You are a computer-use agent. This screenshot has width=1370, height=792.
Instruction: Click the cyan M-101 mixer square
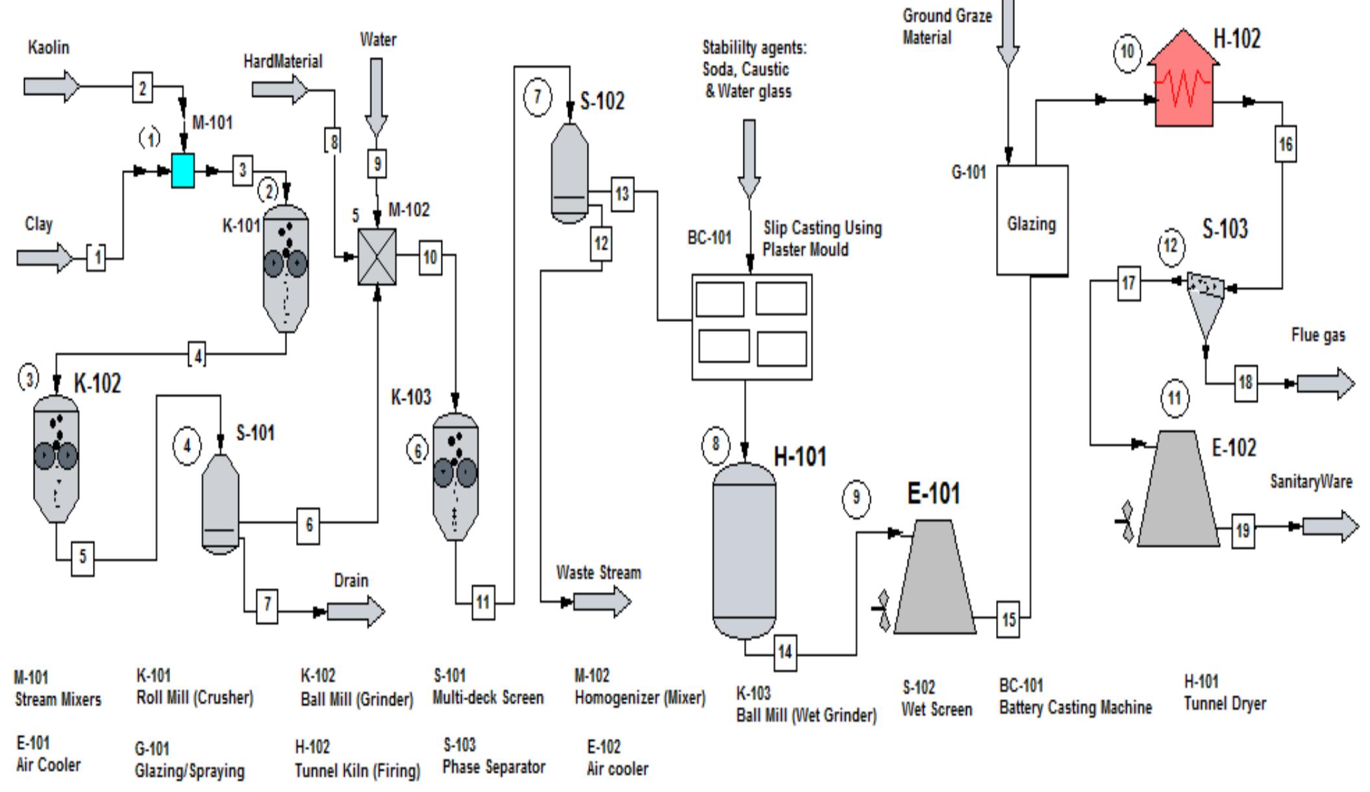click(x=182, y=171)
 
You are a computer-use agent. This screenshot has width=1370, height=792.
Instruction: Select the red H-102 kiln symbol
click(x=1183, y=88)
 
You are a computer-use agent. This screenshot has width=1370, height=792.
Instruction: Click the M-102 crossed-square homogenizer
click(x=377, y=257)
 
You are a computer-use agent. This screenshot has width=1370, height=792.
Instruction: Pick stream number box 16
click(x=1286, y=144)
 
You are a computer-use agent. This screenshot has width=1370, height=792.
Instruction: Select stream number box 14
click(x=785, y=651)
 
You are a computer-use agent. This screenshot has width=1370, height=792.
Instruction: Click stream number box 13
click(x=622, y=193)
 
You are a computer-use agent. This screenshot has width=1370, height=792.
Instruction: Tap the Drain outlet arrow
click(x=356, y=612)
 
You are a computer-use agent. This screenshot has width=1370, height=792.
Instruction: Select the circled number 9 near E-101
click(x=856, y=498)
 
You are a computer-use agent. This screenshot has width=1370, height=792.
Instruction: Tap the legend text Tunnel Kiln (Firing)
click(x=357, y=771)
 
